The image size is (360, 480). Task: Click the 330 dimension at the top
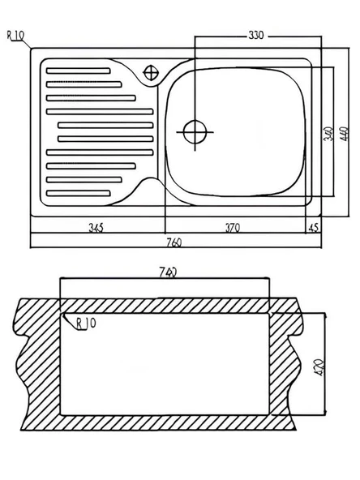tap(255, 36)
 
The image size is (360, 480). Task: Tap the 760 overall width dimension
tap(174, 242)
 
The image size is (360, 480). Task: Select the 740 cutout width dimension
tap(168, 272)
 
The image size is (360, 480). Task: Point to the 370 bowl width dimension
tap(233, 228)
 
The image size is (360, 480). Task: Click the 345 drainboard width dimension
tap(96, 228)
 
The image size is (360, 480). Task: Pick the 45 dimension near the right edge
tap(314, 228)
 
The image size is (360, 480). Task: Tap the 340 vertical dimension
tap(328, 134)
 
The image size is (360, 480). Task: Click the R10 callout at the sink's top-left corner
tap(15, 36)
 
